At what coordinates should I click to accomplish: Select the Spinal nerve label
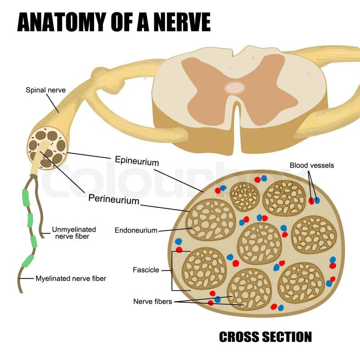click(45, 90)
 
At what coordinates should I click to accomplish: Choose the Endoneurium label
click(136, 230)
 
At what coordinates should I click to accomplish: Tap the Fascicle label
click(146, 270)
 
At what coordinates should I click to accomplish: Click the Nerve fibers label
click(153, 301)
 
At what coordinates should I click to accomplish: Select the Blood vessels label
click(312, 166)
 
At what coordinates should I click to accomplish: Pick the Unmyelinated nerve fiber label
click(74, 233)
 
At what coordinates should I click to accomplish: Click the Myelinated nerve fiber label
click(71, 279)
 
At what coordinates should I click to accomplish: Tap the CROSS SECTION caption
click(265, 337)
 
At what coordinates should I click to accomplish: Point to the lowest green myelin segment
click(28, 261)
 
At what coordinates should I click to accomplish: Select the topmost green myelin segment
click(26, 197)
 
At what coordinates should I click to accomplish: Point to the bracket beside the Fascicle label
click(173, 270)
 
